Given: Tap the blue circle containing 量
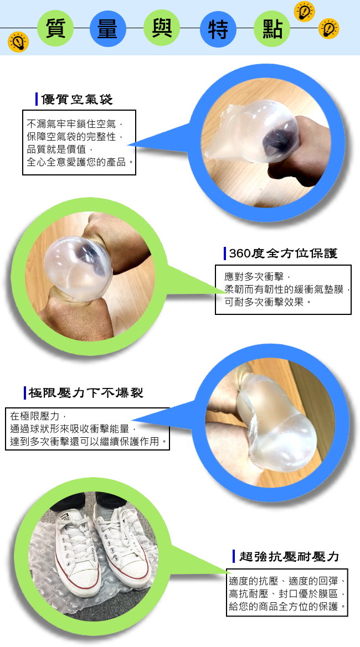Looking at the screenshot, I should click(x=107, y=28).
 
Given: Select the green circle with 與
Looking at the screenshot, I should click(x=161, y=28).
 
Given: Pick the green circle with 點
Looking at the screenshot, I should click(x=272, y=28).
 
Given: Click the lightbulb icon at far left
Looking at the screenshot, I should click(x=18, y=42).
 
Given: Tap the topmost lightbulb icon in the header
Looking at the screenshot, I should click(x=304, y=11).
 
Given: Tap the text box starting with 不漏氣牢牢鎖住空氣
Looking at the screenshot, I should click(x=79, y=143).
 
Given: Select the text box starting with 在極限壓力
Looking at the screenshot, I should click(x=87, y=429).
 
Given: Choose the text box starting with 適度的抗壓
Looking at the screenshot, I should click(x=287, y=592).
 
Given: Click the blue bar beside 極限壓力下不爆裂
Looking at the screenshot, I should click(x=25, y=393).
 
